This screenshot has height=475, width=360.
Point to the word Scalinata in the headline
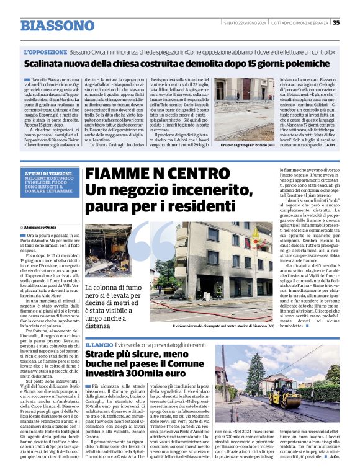coord(49,64)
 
